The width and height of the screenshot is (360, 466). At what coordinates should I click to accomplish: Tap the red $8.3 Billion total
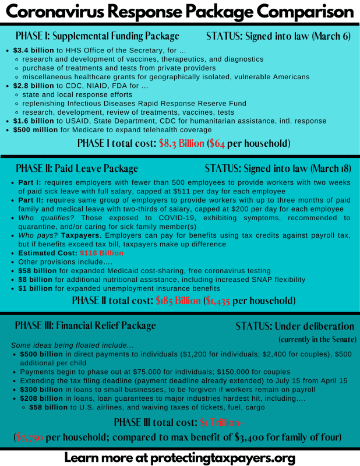pos(181,143)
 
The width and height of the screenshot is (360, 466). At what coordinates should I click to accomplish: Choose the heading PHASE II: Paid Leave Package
pos(76,169)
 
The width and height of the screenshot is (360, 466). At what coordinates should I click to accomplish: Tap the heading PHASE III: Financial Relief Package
pos(86,326)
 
